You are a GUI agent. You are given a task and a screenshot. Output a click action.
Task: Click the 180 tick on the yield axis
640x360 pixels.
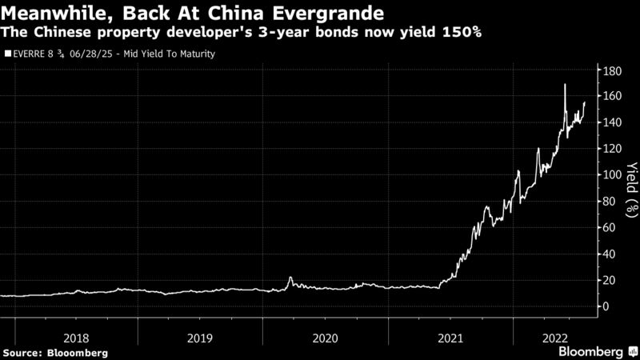click(x=612, y=71)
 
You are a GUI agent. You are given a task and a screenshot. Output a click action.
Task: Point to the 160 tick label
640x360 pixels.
click(x=612, y=97)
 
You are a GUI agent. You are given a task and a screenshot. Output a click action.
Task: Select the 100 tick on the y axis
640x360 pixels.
click(x=612, y=175)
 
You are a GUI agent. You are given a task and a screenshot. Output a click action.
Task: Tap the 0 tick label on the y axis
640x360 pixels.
click(x=606, y=306)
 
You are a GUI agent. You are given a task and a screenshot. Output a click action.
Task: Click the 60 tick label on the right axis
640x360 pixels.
click(x=610, y=228)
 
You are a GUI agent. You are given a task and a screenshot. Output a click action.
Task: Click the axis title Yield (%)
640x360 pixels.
click(x=631, y=188)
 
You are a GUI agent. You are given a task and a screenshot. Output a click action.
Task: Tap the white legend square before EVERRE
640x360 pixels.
click(x=8, y=54)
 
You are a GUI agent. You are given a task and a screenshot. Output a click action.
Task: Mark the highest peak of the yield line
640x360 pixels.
click(x=565, y=85)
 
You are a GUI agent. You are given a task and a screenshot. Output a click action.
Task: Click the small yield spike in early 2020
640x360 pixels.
click(x=290, y=278)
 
